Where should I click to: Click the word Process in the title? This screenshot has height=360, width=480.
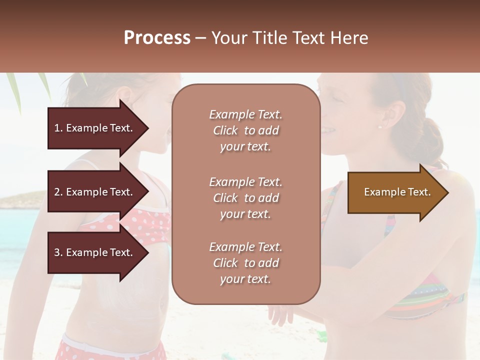pyautogui.click(x=157, y=38)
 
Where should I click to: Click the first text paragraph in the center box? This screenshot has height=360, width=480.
pyautogui.click(x=245, y=130)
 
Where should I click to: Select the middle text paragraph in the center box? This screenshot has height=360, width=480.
pyautogui.click(x=245, y=198)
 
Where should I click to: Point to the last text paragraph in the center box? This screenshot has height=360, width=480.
pyautogui.click(x=245, y=263)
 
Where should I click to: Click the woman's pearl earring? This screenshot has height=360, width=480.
pyautogui.click(x=379, y=127)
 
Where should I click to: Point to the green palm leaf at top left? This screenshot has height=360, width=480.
pyautogui.click(x=13, y=90)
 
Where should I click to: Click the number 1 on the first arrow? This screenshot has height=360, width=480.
pyautogui.click(x=57, y=128)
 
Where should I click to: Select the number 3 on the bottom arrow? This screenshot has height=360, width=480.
pyautogui.click(x=57, y=252)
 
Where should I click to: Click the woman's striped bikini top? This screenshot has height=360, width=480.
pyautogui.click(x=425, y=300)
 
